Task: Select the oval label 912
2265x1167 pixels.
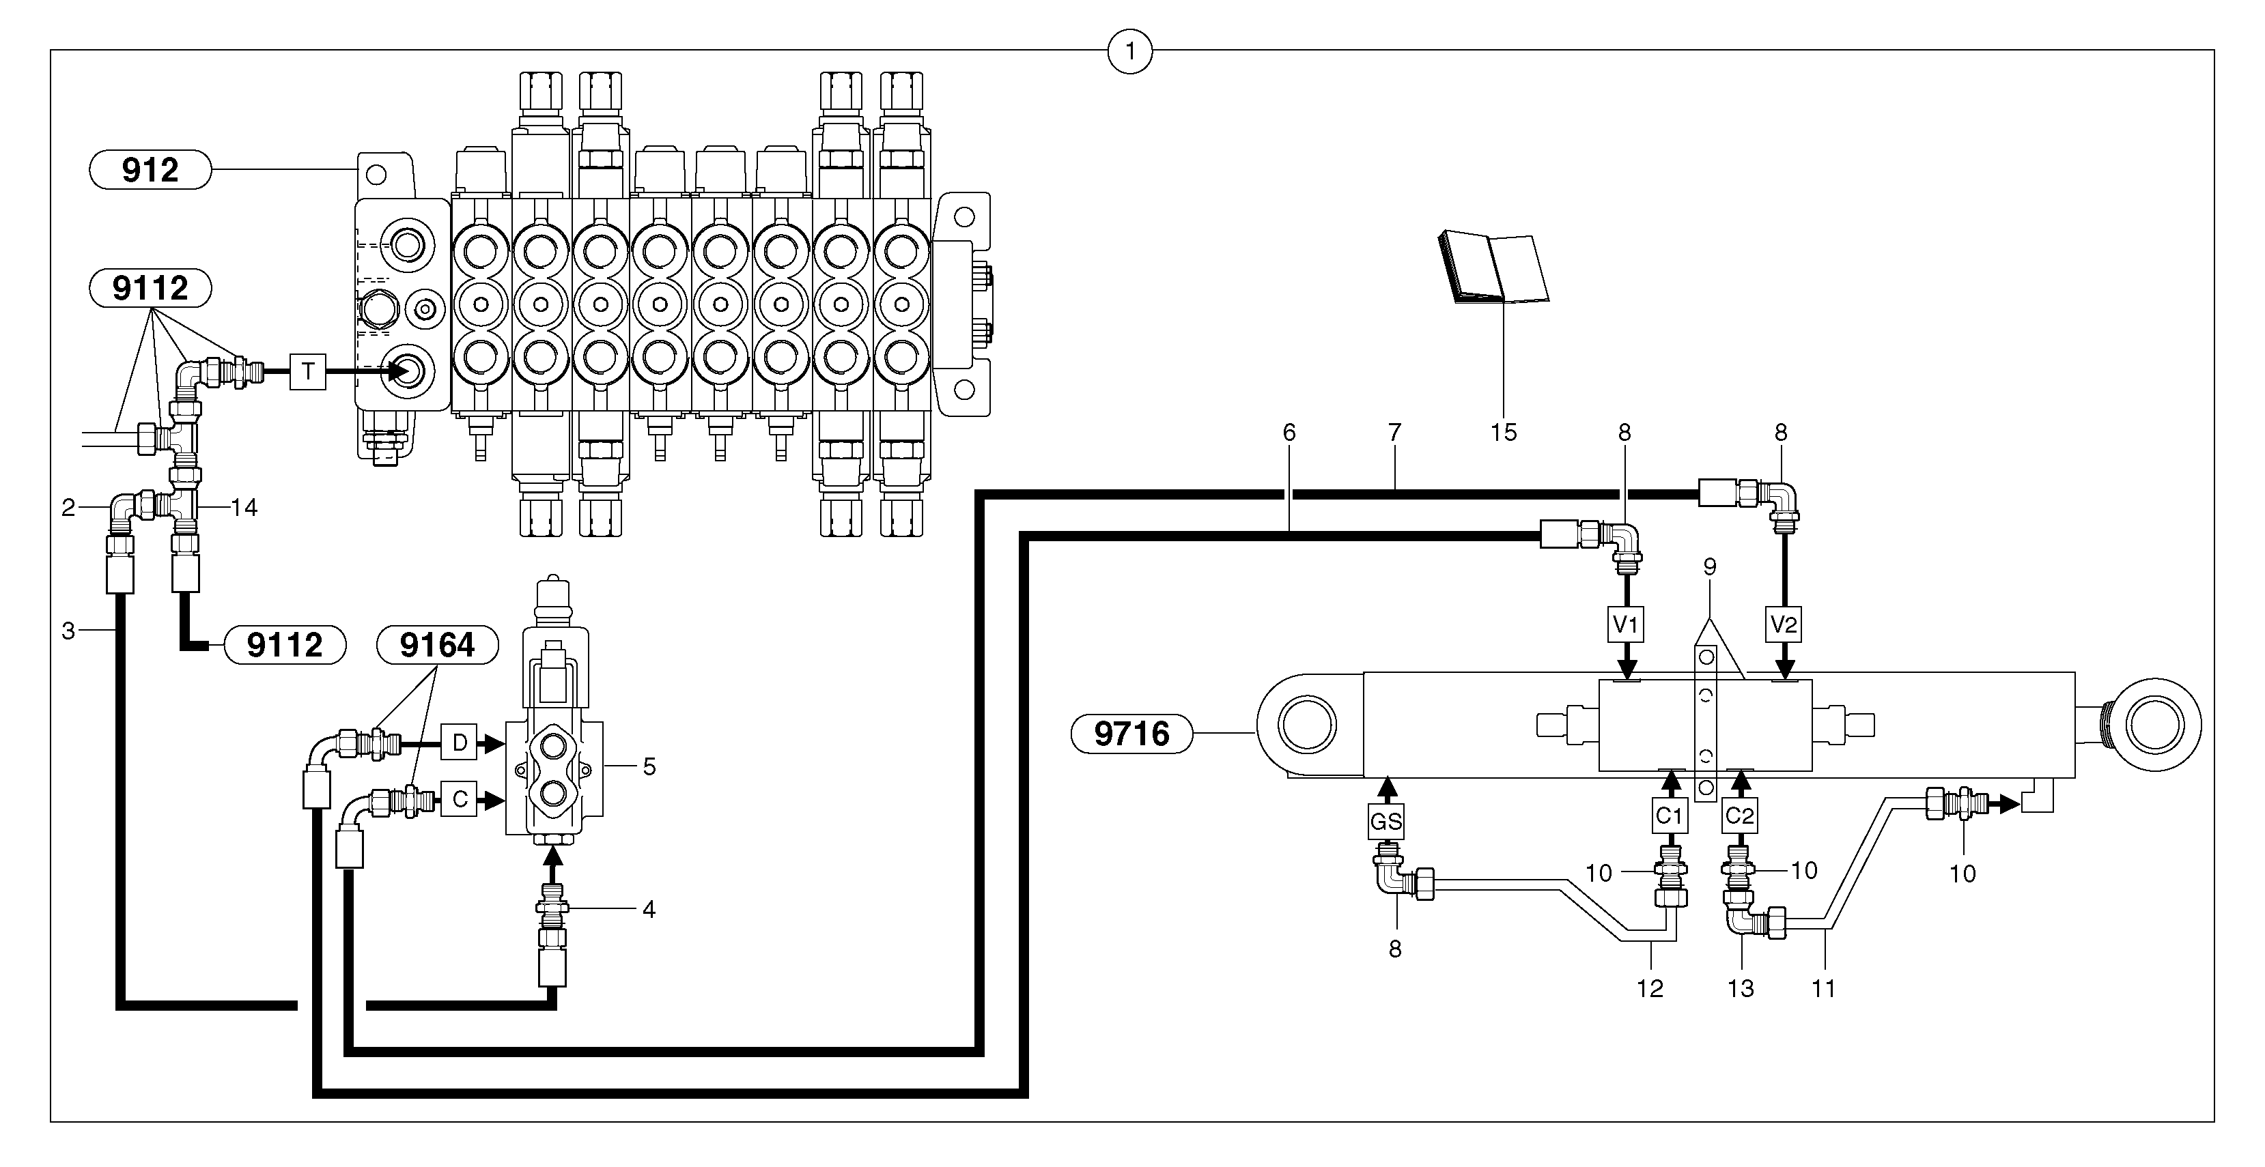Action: [150, 170]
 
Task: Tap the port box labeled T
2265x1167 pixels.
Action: [308, 372]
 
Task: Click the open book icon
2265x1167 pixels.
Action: [1493, 268]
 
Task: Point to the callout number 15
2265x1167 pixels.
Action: [1504, 433]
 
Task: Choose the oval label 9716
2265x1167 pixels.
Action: [1131, 733]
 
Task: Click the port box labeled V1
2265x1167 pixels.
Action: [1627, 625]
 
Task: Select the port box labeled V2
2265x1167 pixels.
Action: [1783, 625]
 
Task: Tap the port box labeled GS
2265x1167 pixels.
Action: [1385, 822]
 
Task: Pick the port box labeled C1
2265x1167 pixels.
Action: [1669, 816]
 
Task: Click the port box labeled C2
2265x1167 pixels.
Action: [1739, 816]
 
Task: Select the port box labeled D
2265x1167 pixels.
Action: [459, 743]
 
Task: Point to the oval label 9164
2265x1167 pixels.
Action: [437, 645]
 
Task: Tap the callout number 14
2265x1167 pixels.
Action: [244, 507]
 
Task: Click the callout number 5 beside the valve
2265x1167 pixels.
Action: [649, 766]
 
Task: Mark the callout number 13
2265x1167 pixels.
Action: [1740, 989]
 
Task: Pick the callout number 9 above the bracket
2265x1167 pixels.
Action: [1709, 567]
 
